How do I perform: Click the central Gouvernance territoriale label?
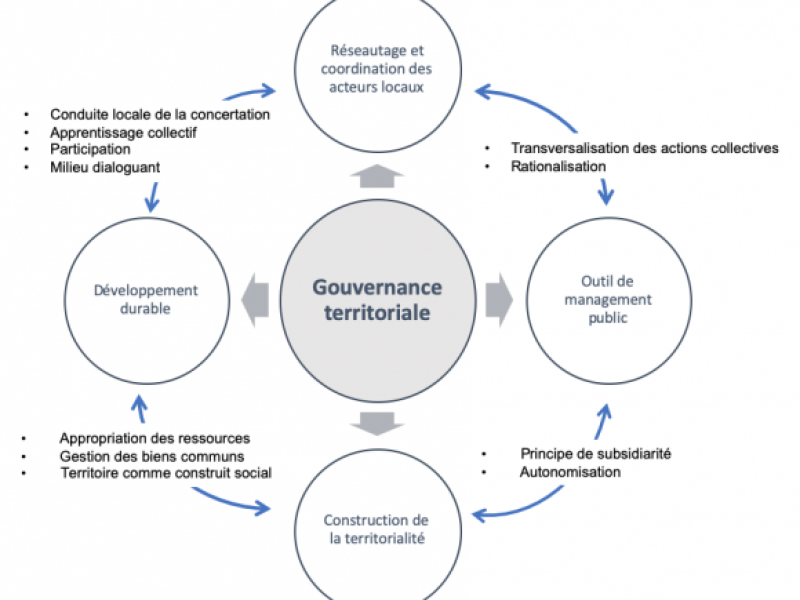(377, 300)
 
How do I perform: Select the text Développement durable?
(145, 299)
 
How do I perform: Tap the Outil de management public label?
(608, 299)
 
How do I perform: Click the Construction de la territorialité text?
(377, 529)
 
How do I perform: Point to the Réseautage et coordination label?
(377, 69)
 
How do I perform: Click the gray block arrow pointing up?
(377, 176)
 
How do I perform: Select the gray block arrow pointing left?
(255, 300)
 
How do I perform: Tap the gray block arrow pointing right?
(499, 300)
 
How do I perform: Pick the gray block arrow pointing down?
(377, 423)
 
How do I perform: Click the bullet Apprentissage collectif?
(123, 133)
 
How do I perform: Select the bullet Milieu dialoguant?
(105, 167)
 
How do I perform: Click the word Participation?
(90, 149)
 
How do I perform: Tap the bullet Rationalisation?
(558, 166)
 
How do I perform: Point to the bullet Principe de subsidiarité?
(595, 454)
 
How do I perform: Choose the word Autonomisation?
(570, 472)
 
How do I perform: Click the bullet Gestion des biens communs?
(152, 456)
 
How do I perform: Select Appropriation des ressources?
(155, 438)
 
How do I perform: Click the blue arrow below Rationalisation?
(606, 191)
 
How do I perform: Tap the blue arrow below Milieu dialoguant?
(152, 197)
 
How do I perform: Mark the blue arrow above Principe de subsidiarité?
(603, 421)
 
